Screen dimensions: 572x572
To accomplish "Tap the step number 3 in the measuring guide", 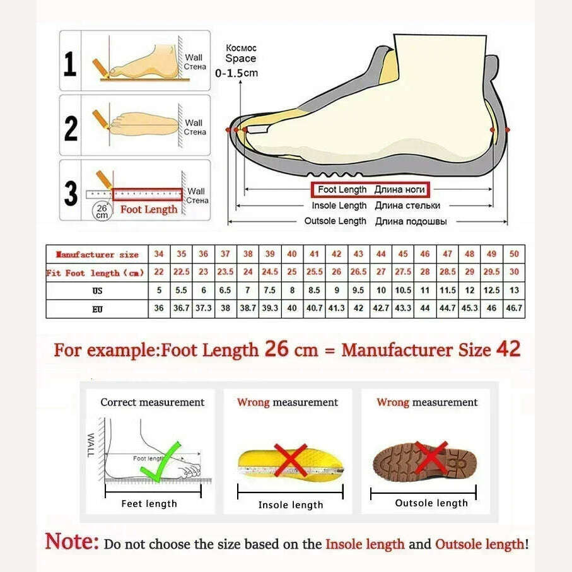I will click(x=71, y=194).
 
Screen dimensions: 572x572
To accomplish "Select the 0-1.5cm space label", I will click(x=236, y=73).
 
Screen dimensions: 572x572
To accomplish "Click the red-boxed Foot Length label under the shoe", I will click(x=370, y=189).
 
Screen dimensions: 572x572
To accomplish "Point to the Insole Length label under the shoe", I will click(x=375, y=206).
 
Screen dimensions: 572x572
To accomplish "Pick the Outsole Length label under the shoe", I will click(x=375, y=221).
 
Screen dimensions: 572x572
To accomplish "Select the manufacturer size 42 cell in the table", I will click(x=337, y=254).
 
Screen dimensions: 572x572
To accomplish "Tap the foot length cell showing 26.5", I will click(x=358, y=272).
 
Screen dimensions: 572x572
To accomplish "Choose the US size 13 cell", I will click(x=514, y=291).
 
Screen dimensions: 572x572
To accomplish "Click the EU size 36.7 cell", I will click(x=181, y=310).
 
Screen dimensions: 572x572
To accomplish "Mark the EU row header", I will click(x=96, y=310).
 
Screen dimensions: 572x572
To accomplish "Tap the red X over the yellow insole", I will click(x=291, y=460).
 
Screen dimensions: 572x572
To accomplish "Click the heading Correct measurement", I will click(x=153, y=402).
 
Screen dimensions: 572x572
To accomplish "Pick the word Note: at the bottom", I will click(x=72, y=542).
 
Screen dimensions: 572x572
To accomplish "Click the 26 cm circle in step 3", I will click(x=102, y=211).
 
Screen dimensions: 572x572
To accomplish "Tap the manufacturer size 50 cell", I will click(x=514, y=254).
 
